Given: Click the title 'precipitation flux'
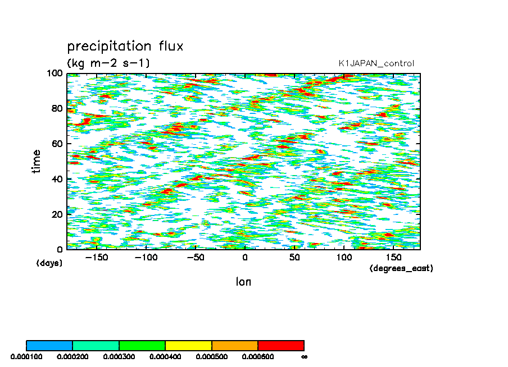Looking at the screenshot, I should point(125,46).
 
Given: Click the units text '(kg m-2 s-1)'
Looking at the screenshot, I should point(108,63).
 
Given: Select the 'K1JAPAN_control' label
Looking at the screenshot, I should point(376,63).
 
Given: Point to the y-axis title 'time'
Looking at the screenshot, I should point(37,161).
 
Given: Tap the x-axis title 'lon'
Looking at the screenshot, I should point(243,282).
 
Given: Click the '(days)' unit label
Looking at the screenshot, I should point(49,263).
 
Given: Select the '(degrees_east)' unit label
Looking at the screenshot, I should point(401,268).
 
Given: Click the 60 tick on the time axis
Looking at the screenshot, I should point(57,144).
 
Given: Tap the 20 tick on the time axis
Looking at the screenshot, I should point(57,214).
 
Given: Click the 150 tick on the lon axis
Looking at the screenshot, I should point(393,258).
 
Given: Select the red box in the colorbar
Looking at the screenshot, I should point(281,345).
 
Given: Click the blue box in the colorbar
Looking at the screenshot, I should point(49,345).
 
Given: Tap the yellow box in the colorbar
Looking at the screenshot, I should point(188,345).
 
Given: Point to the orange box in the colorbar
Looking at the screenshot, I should point(234,345).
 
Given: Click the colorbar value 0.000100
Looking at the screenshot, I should point(24,356).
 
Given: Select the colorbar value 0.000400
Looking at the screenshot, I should point(163,356).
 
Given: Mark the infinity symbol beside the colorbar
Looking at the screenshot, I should point(305,356).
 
